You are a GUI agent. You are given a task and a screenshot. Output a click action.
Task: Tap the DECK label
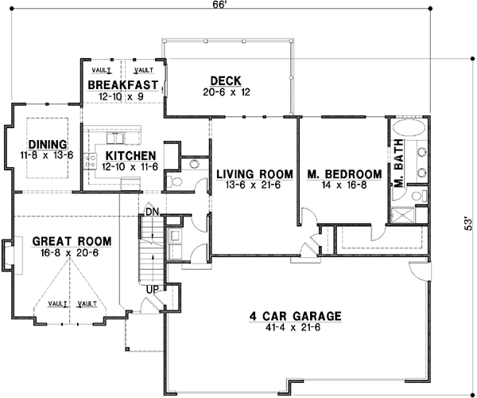click(220, 80)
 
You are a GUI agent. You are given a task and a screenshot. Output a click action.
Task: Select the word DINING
click(47, 144)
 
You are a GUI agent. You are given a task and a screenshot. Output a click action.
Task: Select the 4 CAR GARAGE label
click(294, 316)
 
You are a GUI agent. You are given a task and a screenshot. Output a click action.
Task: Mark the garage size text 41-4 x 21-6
click(294, 327)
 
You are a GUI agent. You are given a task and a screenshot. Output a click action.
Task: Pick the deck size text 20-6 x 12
click(219, 92)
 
